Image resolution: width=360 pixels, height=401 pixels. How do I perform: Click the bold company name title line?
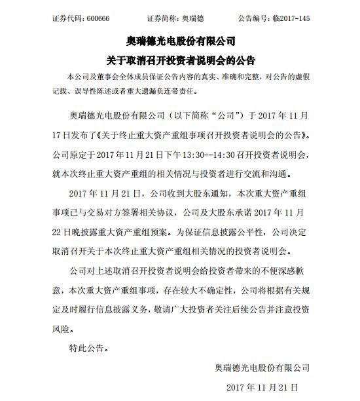click(179, 43)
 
